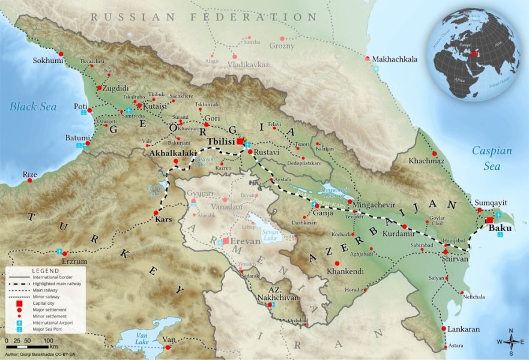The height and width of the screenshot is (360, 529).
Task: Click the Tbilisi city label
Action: tap(220, 142)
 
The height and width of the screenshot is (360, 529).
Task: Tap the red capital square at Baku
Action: tap(489, 220)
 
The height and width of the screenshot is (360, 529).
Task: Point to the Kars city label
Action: tap(163, 220)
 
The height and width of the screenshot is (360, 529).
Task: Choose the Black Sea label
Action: tap(33, 107)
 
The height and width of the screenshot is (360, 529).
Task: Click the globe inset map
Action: tap(474, 54)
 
